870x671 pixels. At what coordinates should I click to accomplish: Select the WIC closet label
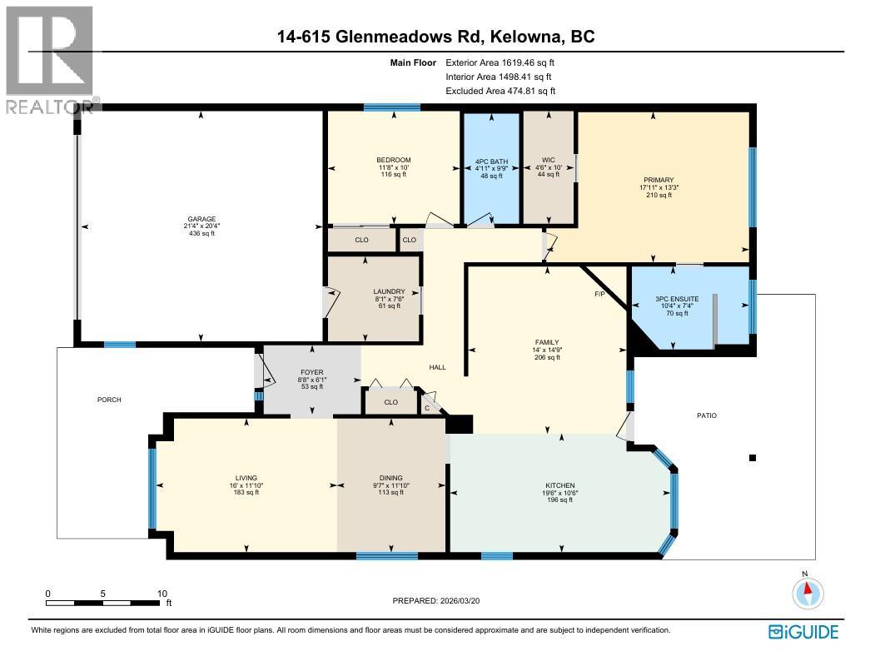(547, 161)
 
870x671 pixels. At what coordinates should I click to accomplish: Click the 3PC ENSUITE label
(676, 298)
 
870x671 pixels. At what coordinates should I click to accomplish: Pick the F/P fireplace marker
(599, 295)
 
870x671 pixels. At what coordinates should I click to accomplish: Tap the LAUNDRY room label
(389, 291)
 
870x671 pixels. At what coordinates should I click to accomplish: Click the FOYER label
(311, 372)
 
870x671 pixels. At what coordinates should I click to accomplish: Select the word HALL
(437, 367)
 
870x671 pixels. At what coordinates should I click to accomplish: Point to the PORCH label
(109, 400)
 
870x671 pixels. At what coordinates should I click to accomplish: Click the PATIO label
(706, 415)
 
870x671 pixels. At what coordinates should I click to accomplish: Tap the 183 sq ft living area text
(246, 493)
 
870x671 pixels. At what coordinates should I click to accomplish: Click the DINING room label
(390, 478)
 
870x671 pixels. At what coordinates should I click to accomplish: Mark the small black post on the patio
(753, 457)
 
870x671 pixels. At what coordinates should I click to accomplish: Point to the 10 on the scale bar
(162, 594)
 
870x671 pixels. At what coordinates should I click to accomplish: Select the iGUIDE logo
(803, 632)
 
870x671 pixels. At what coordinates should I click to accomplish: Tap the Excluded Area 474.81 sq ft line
(500, 91)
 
